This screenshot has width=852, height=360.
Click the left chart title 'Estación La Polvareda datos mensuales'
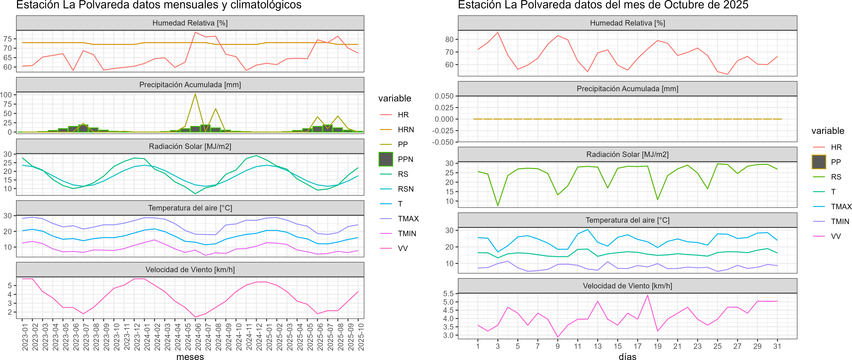pyautogui.click(x=159, y=5)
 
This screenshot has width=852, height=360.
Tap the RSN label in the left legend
pyautogui.click(x=405, y=189)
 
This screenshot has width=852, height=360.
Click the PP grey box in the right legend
pyautogui.click(x=819, y=162)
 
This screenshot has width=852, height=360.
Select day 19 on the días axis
pyautogui.click(x=658, y=346)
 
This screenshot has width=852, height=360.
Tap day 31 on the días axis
pyautogui.click(x=777, y=346)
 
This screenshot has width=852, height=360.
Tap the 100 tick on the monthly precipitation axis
pyautogui.click(x=6, y=95)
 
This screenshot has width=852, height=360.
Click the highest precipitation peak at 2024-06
pyautogui.click(x=195, y=94)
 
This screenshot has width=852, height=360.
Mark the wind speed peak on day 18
pyautogui.click(x=648, y=295)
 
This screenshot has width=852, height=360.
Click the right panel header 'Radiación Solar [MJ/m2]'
pyautogui.click(x=627, y=154)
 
